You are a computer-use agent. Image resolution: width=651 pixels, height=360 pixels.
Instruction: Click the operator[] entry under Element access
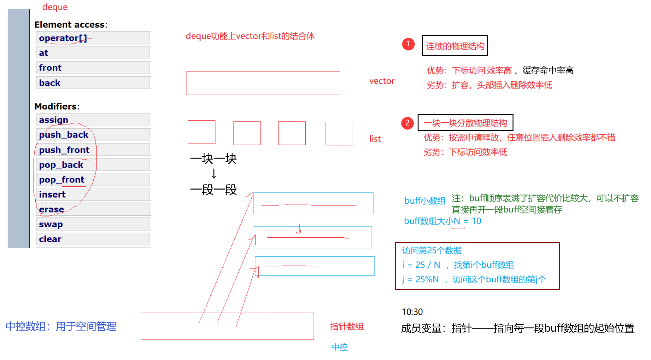[x=63, y=38]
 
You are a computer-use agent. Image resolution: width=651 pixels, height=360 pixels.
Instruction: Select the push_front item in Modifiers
[x=64, y=150]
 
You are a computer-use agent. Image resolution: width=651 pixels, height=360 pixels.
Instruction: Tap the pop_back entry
[x=61, y=165]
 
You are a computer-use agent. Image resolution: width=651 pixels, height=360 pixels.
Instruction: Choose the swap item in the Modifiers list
[x=51, y=224]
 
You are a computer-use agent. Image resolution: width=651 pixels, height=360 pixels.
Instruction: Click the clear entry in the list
[x=50, y=239]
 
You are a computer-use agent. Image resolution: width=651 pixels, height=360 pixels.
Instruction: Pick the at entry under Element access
[x=44, y=53]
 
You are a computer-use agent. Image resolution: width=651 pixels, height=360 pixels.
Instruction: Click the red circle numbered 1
[x=408, y=44]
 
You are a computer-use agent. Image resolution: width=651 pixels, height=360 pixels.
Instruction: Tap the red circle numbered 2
[x=407, y=123]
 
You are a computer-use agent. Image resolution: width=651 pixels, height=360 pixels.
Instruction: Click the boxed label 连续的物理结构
[x=455, y=46]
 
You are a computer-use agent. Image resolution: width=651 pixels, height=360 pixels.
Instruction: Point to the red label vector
[x=382, y=81]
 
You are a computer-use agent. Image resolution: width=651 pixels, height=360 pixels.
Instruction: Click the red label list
[x=375, y=139]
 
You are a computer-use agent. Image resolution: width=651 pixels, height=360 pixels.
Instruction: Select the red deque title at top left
[x=55, y=7]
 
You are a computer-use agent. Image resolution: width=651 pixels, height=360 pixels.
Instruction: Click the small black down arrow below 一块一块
[x=214, y=173]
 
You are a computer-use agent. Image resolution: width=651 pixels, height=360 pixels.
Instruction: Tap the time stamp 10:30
[x=412, y=312]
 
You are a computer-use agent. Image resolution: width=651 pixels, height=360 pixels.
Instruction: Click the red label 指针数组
[x=347, y=327]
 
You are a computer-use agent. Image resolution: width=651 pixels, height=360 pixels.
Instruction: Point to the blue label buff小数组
[x=425, y=201]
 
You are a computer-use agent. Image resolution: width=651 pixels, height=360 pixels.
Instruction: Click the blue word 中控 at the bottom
[x=339, y=347]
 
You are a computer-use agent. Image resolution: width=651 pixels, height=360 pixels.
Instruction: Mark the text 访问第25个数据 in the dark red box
[x=431, y=251]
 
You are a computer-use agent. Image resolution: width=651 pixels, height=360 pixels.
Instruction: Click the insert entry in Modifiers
[x=52, y=195]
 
